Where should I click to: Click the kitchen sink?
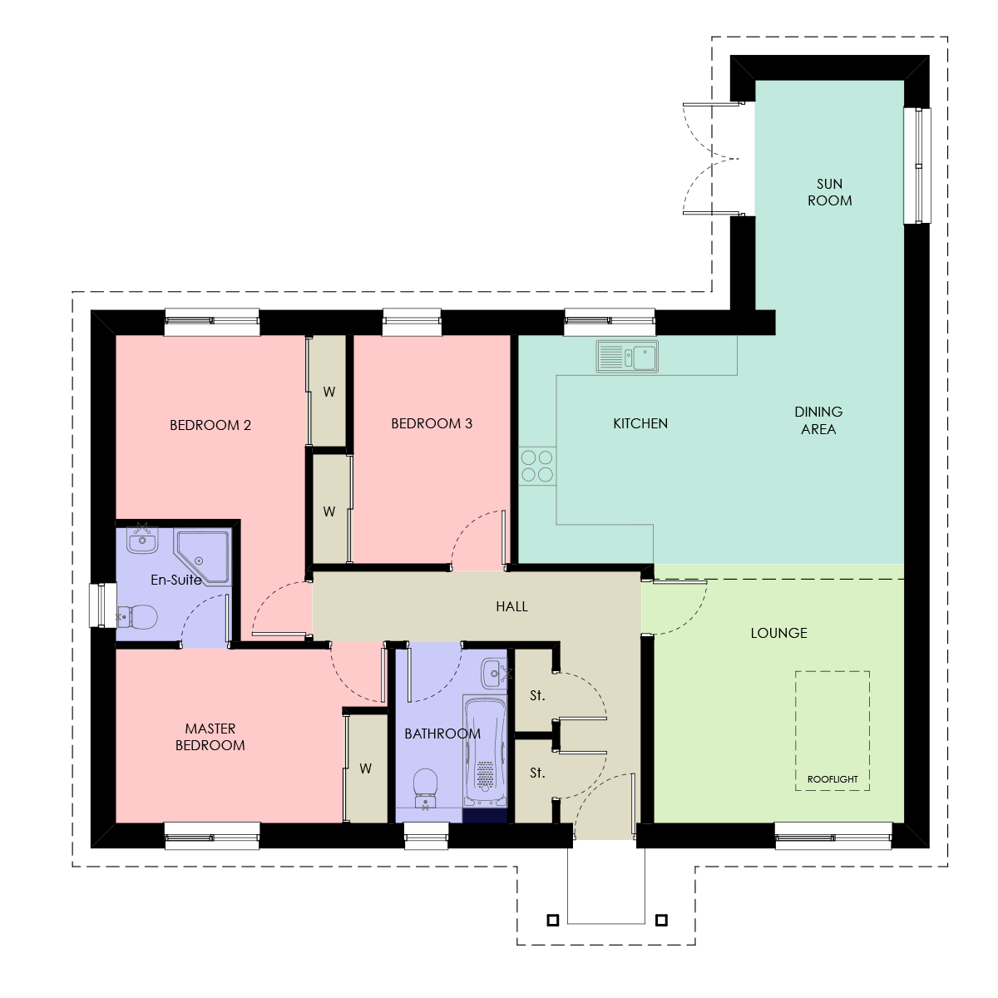coord(627,356)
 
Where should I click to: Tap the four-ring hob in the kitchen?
coord(537,466)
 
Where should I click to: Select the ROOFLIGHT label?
coord(832,779)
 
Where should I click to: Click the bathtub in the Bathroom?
coord(485,752)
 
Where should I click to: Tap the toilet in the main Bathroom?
coord(426,788)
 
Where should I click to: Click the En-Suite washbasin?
coord(142,539)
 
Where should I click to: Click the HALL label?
coord(511,606)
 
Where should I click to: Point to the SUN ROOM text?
coord(829,192)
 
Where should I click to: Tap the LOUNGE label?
coord(779,633)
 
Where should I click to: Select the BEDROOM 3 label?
coord(432,423)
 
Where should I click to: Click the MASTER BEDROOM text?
coord(210,737)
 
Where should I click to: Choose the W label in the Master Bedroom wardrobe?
coord(365,768)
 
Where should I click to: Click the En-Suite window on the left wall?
coord(103,605)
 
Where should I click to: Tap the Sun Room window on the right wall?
coord(917,166)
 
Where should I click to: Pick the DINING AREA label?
coord(818,421)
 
